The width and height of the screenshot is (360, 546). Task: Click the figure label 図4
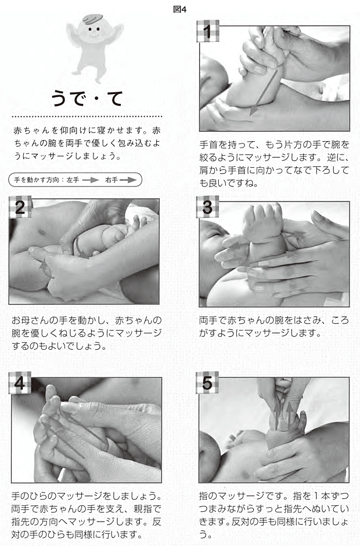pos(179,9)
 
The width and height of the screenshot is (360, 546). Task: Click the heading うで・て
pos(87,98)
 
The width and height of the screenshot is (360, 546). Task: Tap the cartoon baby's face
pos(93,31)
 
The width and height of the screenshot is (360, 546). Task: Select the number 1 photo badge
pos(207,31)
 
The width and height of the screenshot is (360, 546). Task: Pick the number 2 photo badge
pos(20,207)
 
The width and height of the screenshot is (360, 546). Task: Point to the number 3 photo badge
pos(207,207)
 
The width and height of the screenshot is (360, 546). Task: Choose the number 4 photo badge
pos(20,383)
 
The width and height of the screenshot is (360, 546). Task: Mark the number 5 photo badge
pos(207,383)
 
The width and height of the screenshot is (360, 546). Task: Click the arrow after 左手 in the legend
pos(91,180)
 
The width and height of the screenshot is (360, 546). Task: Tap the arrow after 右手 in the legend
pos(127,180)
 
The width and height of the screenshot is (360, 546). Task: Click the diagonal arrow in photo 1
pos(264,91)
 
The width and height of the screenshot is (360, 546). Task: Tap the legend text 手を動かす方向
pos(37,180)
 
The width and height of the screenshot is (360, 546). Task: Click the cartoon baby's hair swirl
pos(93,19)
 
